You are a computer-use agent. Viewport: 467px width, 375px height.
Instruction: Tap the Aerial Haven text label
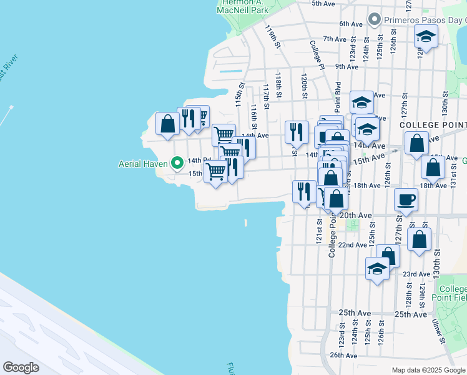coord(144,164)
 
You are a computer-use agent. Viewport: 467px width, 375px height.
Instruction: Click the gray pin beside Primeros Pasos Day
coord(375,19)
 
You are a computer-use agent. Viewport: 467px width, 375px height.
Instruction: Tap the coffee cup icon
coord(406,201)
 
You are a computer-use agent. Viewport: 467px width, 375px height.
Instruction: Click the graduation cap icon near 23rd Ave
coord(377,269)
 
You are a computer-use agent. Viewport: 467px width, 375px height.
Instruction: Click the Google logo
coord(21,367)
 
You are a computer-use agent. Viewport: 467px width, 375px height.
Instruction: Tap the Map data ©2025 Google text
coord(428,370)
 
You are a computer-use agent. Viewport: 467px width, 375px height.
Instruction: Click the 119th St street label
coord(270,37)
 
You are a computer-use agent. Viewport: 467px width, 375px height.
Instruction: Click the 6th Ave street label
coord(351,24)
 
